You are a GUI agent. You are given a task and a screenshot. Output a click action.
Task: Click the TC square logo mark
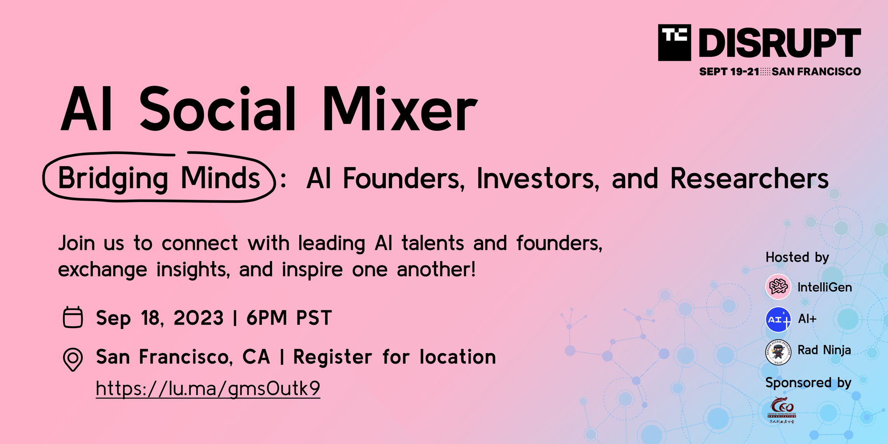click(674, 43)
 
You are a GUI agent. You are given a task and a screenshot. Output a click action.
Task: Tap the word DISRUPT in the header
click(780, 43)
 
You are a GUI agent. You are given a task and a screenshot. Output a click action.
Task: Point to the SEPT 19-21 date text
click(729, 72)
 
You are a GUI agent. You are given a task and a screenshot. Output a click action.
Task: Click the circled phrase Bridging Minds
click(159, 178)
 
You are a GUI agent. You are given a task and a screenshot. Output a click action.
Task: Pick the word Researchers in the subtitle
click(749, 178)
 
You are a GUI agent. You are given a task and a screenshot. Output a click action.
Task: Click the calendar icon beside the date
click(73, 317)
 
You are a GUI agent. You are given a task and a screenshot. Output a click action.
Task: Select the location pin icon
click(73, 359)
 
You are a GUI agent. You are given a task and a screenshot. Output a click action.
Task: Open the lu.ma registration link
click(208, 388)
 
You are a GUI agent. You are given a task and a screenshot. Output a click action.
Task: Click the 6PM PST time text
click(289, 318)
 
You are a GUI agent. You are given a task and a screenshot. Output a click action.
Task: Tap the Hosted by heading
click(797, 258)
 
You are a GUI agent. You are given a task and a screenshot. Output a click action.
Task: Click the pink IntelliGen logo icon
click(778, 287)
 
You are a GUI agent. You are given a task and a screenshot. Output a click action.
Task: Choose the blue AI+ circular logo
click(778, 319)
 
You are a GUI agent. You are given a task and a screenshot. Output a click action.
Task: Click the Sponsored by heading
click(808, 383)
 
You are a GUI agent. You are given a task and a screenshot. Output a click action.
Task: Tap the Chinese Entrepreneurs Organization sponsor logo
click(782, 410)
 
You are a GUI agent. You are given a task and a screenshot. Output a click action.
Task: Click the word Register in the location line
click(333, 357)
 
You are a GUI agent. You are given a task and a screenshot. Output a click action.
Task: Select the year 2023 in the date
click(198, 318)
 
